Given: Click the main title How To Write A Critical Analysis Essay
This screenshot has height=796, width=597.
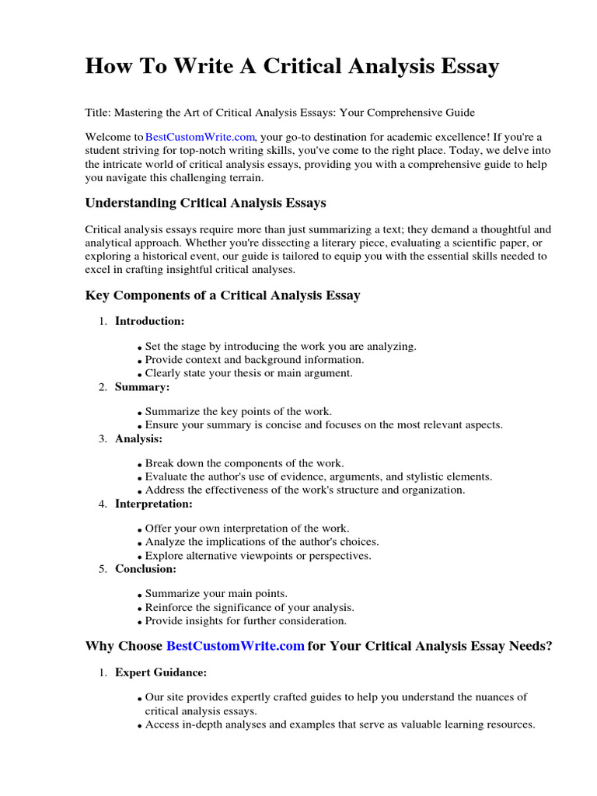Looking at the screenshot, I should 292,67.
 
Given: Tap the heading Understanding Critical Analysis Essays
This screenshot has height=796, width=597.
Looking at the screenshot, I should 205,203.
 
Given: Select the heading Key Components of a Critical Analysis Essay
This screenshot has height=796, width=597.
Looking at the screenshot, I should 222,295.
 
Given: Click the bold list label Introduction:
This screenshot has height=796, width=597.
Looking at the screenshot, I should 150,320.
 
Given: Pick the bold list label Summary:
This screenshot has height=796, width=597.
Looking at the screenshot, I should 142,386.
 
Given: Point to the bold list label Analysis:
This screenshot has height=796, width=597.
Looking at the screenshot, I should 139,438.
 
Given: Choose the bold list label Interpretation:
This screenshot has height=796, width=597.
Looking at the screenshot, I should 153,504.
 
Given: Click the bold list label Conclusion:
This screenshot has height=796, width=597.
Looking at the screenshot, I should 146,568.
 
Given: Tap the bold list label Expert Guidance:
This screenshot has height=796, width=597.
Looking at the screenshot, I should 161,672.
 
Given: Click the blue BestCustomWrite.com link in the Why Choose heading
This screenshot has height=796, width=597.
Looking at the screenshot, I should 235,646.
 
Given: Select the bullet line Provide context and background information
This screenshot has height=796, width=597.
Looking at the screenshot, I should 254,360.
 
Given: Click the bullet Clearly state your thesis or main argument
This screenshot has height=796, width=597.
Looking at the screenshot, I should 249,373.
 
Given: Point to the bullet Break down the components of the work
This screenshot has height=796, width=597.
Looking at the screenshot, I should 244,463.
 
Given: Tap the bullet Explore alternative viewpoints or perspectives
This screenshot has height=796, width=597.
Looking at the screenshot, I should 258,556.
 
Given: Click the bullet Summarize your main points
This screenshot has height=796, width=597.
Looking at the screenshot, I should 216,594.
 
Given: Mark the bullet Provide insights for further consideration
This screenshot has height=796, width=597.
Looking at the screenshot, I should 246,621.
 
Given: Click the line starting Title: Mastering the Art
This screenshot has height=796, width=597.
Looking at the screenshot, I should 280,112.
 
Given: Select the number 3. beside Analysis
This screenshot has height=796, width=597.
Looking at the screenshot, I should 103,439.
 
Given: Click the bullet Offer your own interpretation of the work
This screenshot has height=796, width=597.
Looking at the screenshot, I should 247,529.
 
